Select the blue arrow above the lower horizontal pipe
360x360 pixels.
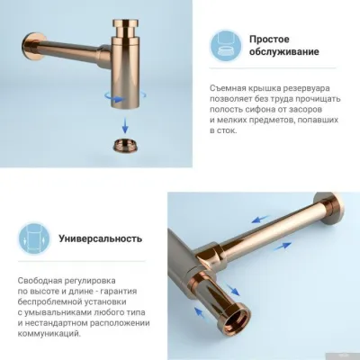[260, 217]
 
